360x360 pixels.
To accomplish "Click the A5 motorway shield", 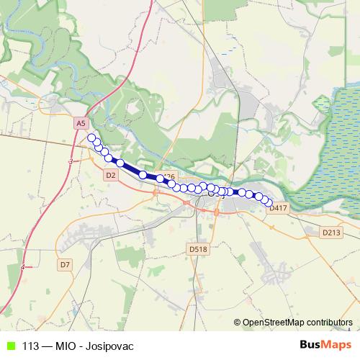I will point(80,124).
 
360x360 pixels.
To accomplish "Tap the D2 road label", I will point(110,175).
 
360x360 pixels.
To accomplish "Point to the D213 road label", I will point(330,233).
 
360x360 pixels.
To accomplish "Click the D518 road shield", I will point(198,249).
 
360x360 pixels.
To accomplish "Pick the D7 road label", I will point(66,265).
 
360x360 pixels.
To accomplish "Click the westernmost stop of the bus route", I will point(91,138).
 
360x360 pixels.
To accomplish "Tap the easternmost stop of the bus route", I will point(270,204).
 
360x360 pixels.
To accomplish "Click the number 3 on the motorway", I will point(71,163).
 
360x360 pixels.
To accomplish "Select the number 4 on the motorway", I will point(23,267).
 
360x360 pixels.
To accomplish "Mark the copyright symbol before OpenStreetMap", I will point(238,323).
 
